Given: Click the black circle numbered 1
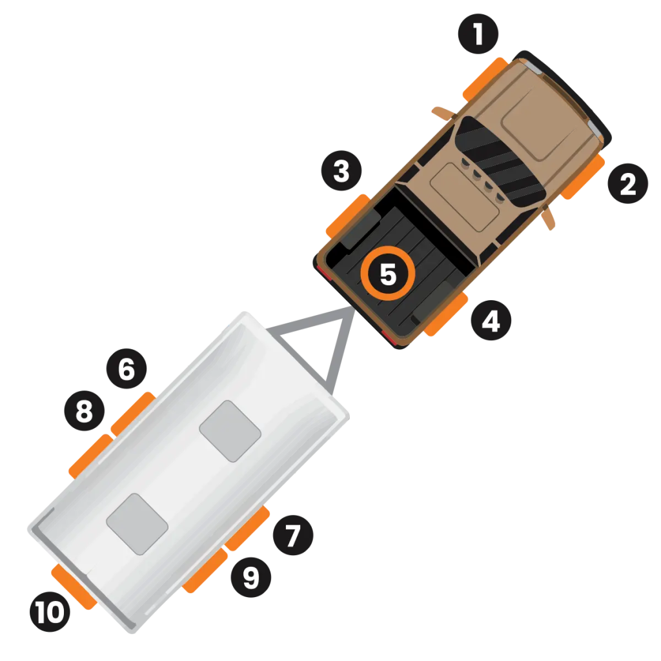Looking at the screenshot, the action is click(x=478, y=34).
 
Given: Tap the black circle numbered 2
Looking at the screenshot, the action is click(x=627, y=183).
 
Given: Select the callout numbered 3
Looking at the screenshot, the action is click(x=341, y=170).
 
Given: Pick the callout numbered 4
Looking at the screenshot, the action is click(x=491, y=320).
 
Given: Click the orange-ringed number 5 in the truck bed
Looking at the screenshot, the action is click(x=388, y=274).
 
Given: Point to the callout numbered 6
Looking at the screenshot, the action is click(x=127, y=369).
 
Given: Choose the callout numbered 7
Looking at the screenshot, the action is click(x=293, y=535).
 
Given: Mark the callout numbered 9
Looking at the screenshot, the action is click(x=251, y=578).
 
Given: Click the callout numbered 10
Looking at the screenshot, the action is click(x=50, y=612).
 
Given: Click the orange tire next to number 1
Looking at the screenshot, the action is click(x=485, y=79).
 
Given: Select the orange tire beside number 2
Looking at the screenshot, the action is click(x=584, y=177).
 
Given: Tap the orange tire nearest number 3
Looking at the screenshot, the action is click(x=348, y=216).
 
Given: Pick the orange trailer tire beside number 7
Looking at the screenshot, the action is click(x=247, y=529).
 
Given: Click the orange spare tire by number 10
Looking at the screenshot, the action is click(x=74, y=587).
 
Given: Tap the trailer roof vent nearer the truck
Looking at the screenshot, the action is click(x=230, y=431).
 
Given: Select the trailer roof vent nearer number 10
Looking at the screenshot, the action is click(x=137, y=524).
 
